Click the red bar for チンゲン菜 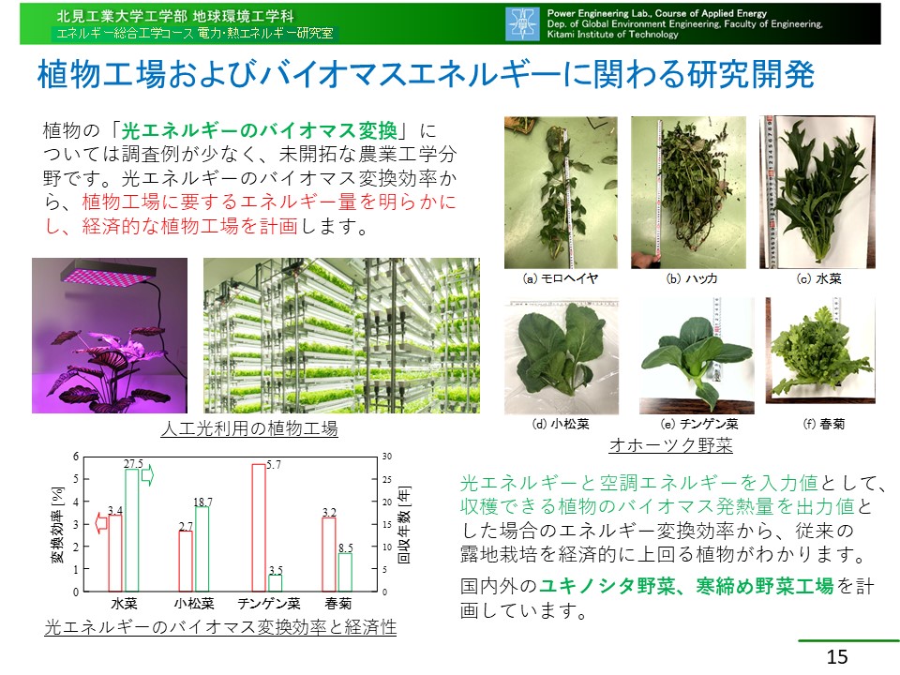259,528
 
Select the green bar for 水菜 132,531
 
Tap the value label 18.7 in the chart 202,502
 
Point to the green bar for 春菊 345,572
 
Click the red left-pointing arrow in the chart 101,523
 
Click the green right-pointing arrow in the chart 147,476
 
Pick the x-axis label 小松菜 194,603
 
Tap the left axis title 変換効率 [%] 57,525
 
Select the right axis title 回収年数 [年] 404,524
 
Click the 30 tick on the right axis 387,457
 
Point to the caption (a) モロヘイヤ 561,278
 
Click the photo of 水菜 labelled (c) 817,192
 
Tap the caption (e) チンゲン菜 699,424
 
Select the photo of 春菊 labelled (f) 821,350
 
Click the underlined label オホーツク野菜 671,444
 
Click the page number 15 837,656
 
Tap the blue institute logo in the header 522,23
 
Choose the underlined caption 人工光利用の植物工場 249,428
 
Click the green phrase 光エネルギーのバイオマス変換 260,131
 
